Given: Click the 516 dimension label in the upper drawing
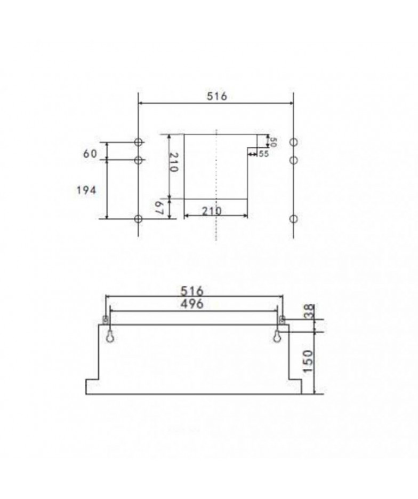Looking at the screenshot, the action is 217,96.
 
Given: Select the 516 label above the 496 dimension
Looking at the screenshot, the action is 192,291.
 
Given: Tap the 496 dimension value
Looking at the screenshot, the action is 192,304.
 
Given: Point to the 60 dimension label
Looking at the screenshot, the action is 90,154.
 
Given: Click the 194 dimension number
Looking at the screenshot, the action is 86,191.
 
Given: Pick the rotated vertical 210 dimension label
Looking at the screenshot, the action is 174,162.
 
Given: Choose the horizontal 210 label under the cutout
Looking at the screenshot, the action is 211,211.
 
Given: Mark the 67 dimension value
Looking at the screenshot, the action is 160,209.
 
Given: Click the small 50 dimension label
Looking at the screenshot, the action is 273,141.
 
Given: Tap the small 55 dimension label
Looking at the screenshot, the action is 263,154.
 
